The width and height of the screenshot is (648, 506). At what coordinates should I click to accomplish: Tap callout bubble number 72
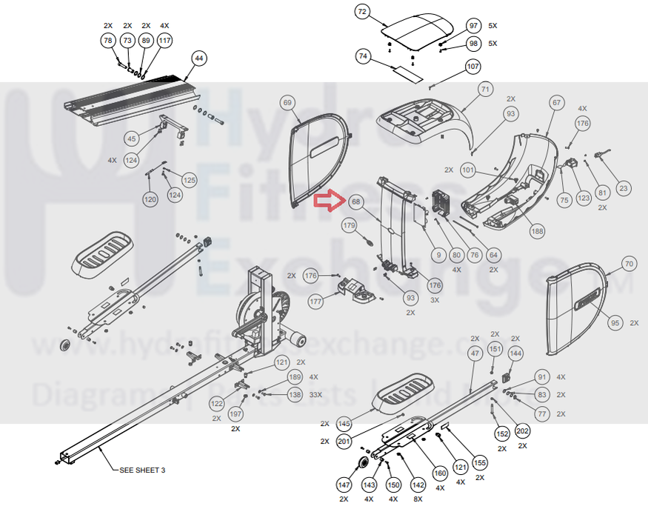[362, 12]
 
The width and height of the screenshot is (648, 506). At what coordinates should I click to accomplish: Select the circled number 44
[198, 58]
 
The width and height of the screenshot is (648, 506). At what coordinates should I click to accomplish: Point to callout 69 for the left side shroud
[288, 103]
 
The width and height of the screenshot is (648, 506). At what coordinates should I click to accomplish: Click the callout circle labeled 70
[629, 264]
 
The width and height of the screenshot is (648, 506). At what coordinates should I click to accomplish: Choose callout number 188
[538, 231]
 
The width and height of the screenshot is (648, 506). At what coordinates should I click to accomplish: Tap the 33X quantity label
[315, 396]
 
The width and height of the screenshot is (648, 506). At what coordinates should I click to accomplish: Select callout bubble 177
[317, 302]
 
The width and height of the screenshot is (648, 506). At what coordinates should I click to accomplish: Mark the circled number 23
[624, 189]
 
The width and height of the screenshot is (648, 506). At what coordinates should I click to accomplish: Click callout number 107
[473, 67]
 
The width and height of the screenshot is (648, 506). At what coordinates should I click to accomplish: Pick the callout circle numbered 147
[344, 485]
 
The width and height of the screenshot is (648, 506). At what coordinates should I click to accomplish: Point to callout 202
[522, 431]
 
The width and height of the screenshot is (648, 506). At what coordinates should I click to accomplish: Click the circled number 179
[349, 225]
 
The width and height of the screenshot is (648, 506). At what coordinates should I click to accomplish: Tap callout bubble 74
[362, 56]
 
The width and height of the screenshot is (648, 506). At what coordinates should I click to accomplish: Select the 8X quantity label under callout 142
[418, 499]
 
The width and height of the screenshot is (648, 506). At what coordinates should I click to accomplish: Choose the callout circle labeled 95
[614, 323]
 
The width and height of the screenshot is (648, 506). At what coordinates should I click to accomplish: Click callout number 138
[295, 396]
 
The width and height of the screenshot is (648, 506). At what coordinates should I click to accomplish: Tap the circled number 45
[131, 139]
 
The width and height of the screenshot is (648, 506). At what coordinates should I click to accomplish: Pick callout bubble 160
[440, 473]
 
